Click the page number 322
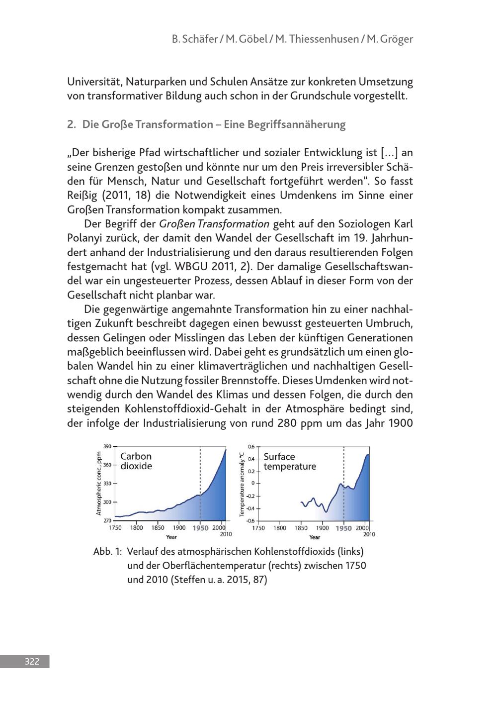tap(32, 661)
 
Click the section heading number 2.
tap(71, 124)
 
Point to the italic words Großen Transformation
tap(214, 224)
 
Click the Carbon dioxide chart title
tap(136, 461)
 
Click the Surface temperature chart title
tap(289, 461)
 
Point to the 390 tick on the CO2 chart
tap(107, 446)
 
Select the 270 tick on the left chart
tap(107, 520)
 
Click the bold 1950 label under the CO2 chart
tap(200, 528)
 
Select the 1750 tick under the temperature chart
tap(258, 528)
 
